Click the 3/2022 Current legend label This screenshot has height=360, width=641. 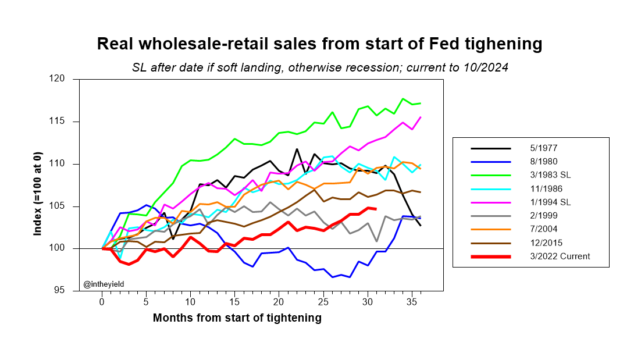coord(556,257)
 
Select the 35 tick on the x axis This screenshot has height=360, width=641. coord(411,302)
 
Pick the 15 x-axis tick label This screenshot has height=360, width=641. coord(234,302)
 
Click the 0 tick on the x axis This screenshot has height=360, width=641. coord(102,302)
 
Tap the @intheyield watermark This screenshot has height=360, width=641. coord(104,284)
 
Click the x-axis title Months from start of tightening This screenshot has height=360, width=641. coord(237,318)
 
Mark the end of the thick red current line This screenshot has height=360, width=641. coord(376,209)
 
